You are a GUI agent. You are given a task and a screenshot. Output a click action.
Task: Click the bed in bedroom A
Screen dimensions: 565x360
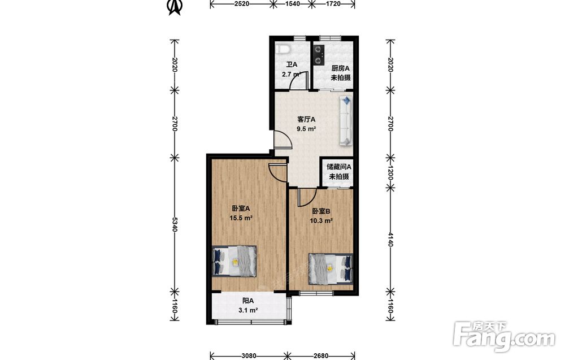point(234,261)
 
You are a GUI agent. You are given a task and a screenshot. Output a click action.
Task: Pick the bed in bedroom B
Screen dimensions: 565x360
point(331,268)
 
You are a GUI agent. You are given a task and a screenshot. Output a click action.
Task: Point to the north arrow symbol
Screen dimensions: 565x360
point(175,7)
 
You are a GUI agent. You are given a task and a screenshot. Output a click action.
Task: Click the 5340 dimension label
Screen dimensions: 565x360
point(175,225)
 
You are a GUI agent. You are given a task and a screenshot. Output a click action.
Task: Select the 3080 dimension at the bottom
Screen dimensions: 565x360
point(249,355)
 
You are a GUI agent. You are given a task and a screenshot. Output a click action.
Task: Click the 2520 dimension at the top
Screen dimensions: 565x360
point(241,4)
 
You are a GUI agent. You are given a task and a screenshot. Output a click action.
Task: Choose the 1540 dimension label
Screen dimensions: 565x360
point(292,4)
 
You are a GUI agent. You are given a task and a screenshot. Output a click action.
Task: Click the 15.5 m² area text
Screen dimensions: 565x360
point(241,218)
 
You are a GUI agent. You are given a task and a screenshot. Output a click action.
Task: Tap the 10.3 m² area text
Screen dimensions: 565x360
point(321,221)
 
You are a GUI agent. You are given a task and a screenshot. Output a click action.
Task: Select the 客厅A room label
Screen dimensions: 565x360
point(306,119)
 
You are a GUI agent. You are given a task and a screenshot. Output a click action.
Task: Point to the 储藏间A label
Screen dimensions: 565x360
point(338,167)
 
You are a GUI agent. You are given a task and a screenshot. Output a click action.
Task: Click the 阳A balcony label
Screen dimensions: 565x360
point(248,301)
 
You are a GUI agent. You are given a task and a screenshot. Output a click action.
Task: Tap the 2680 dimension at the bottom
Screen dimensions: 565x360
point(321,355)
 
